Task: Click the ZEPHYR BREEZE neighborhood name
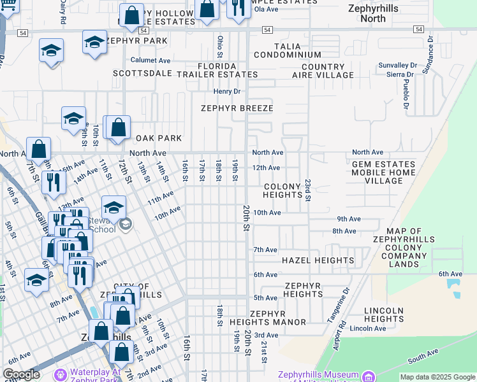[x=237, y=108]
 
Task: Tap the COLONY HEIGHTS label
[x=282, y=191]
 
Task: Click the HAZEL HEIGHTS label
[x=318, y=260]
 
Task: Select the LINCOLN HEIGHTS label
[x=383, y=315]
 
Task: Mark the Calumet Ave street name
[x=151, y=60]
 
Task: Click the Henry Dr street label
[x=226, y=92]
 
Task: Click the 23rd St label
[x=307, y=190]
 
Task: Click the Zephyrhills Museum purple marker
[x=369, y=376]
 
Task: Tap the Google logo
[x=21, y=374]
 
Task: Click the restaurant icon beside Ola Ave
[x=238, y=9]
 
